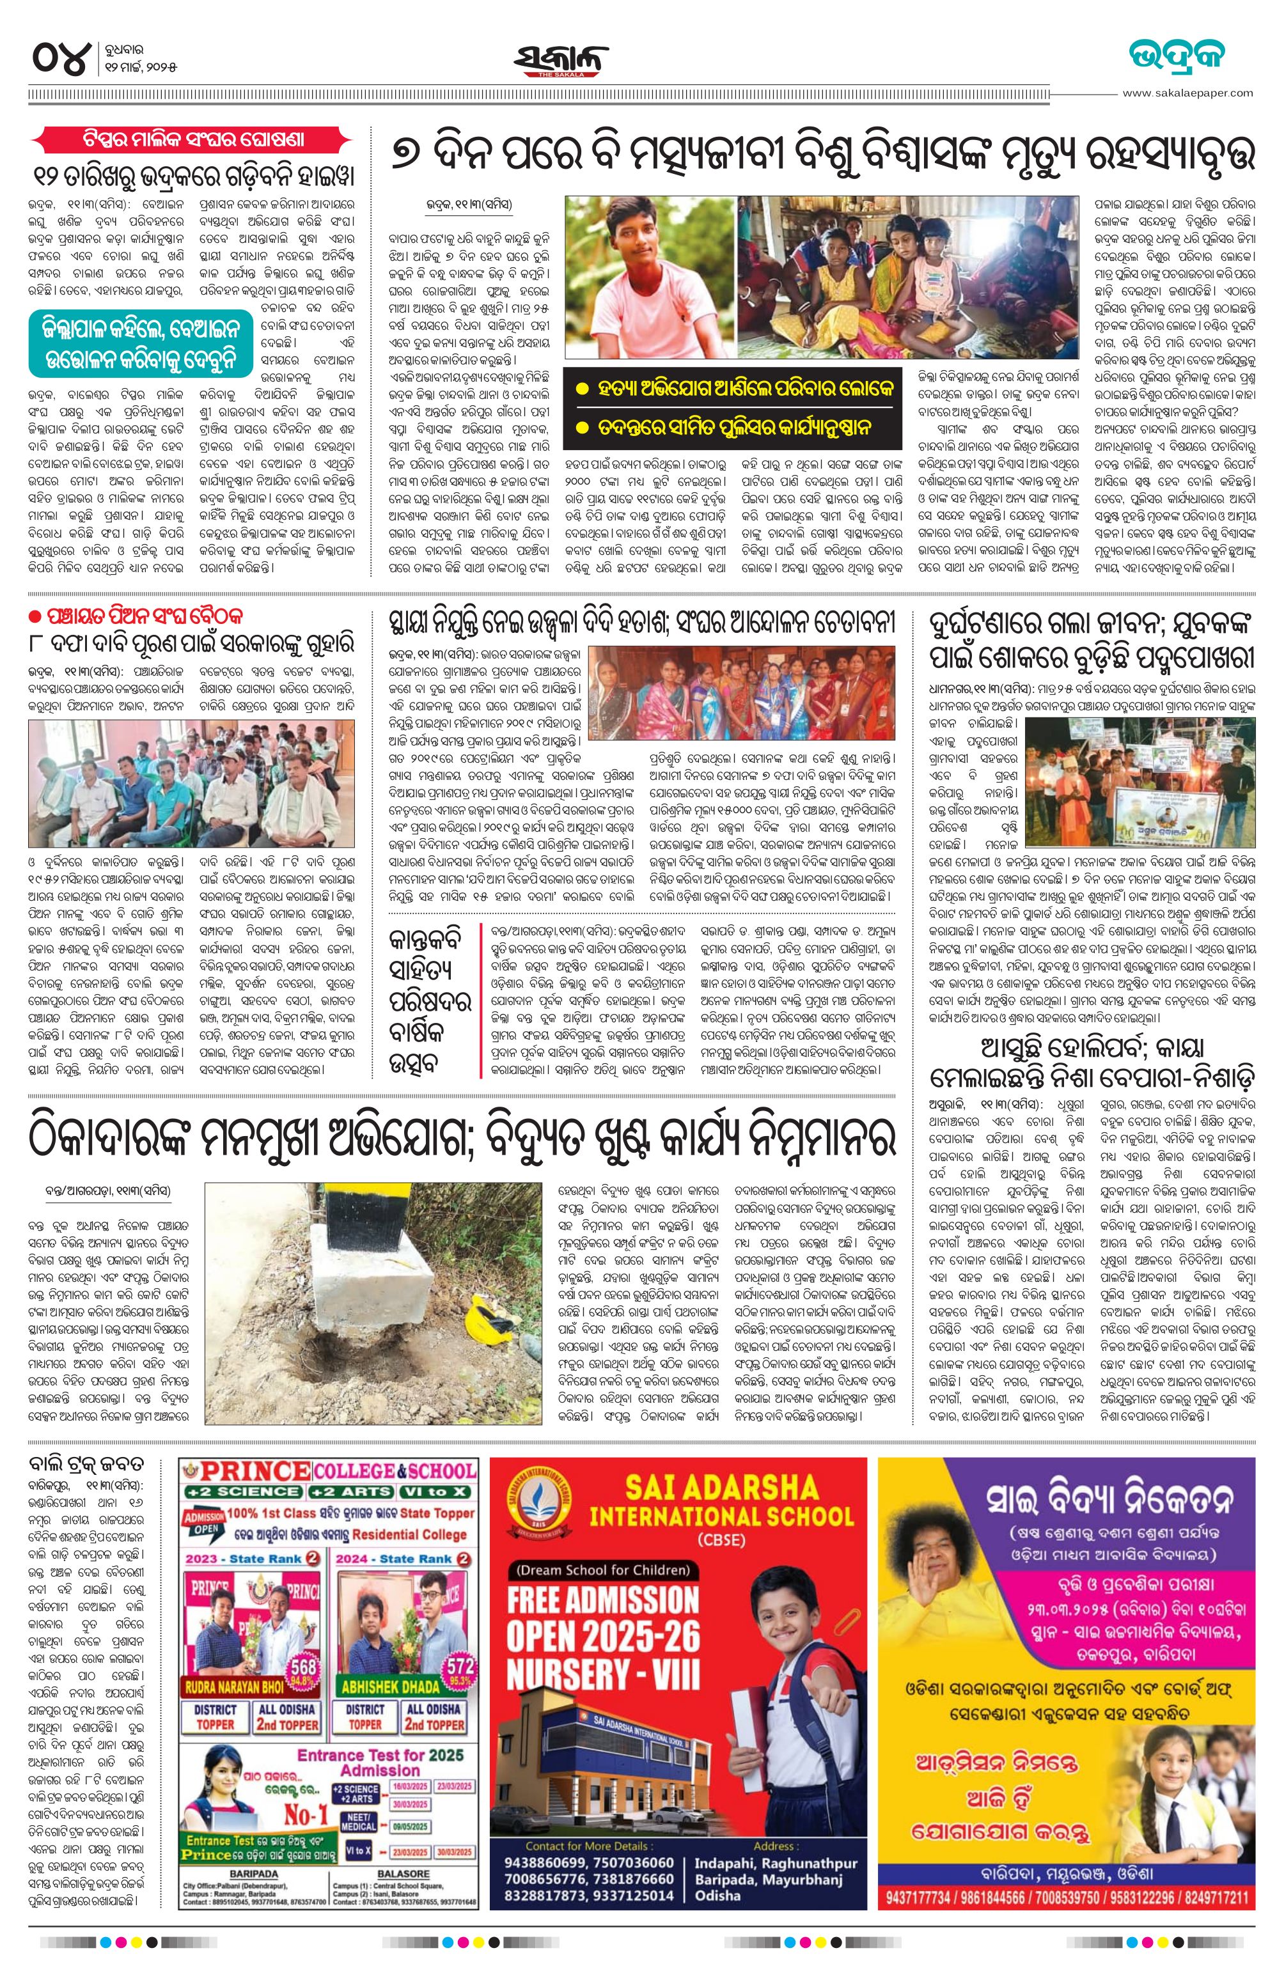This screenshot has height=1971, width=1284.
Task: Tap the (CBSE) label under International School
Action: click(721, 1539)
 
